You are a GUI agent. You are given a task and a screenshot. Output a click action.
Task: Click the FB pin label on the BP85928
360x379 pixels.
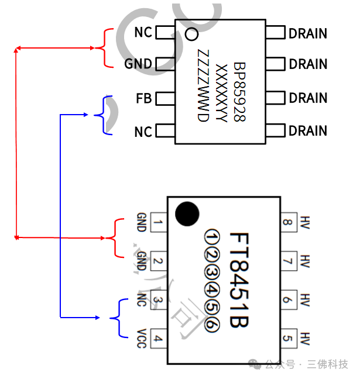click(143, 98)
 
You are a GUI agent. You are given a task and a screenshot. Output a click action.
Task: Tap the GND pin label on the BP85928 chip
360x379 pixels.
click(138, 64)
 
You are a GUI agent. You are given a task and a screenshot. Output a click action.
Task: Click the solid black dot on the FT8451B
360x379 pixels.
click(187, 213)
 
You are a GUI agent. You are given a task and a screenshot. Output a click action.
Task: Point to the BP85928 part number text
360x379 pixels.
click(239, 91)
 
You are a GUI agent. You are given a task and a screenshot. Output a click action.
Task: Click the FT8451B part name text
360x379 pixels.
click(241, 280)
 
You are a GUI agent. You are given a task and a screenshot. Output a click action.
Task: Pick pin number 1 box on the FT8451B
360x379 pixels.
click(159, 222)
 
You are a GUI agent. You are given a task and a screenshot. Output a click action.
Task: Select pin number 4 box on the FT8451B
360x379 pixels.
click(159, 337)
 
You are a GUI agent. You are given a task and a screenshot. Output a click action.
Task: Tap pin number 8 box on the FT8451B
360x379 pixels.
click(287, 222)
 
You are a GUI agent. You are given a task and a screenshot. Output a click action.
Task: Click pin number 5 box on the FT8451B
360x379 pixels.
click(287, 337)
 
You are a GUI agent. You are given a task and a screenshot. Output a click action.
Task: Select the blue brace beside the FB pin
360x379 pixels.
click(107, 115)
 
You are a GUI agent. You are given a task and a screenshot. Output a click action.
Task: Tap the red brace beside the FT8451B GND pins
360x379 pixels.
click(116, 238)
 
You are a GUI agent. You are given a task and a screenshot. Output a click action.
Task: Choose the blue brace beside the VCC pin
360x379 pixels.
click(119, 318)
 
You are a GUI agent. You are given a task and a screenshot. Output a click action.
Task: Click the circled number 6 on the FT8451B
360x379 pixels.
click(212, 329)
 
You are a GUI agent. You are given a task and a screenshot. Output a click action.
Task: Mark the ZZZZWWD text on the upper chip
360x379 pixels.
click(203, 85)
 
